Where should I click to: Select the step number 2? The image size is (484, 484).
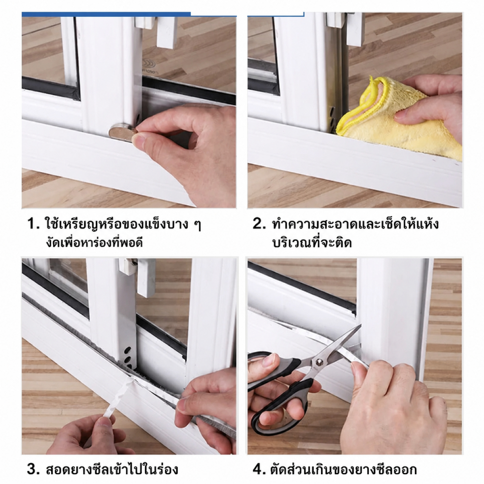coord(259,224)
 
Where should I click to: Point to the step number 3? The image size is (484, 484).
coord(33,469)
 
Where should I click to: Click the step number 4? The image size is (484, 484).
coord(259,469)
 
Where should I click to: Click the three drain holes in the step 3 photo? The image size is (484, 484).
coord(127,355)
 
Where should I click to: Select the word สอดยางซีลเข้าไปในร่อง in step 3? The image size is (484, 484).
coord(112,469)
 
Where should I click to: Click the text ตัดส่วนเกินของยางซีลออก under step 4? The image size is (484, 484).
coord(344,469)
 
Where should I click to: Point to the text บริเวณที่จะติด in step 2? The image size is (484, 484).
coord(312,243)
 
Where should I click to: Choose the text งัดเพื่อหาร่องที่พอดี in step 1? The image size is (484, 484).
coord(94,243)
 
